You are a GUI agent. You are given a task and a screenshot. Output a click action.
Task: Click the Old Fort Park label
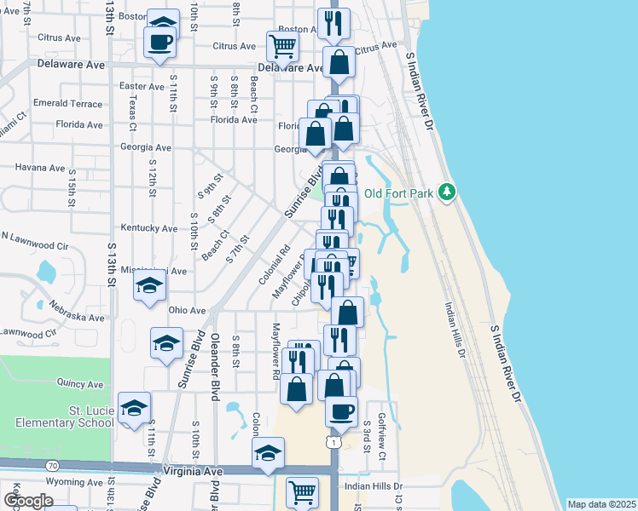pyautogui.click(x=399, y=192)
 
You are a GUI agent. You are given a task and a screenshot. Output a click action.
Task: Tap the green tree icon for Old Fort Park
pyautogui.click(x=446, y=192)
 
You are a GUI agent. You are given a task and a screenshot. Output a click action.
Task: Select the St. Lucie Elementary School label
pyautogui.click(x=65, y=416)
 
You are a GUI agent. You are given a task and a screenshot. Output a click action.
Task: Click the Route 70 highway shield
pyautogui.click(x=52, y=466)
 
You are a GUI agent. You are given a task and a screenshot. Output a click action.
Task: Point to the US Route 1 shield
pyautogui.click(x=333, y=443)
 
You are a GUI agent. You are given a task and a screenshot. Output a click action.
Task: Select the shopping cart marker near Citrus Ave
pyautogui.click(x=282, y=45)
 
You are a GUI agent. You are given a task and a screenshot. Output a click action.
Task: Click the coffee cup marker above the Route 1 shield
pyautogui.click(x=341, y=411)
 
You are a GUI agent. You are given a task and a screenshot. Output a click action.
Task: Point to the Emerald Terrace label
pyautogui.click(x=67, y=103)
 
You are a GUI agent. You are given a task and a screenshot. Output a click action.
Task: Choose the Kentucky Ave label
pyautogui.click(x=148, y=228)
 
